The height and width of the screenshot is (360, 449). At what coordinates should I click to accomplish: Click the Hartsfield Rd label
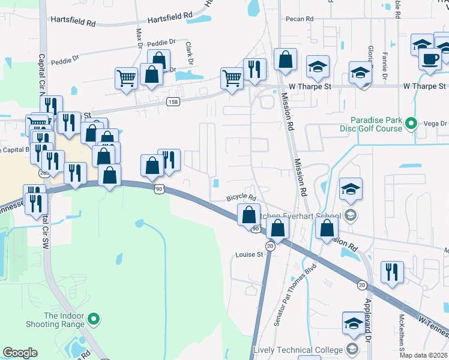pyautogui.click(x=73, y=22)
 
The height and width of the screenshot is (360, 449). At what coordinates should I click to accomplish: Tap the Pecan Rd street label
pyautogui.click(x=301, y=19)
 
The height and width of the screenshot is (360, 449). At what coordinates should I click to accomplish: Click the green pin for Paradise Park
pyautogui.click(x=411, y=124)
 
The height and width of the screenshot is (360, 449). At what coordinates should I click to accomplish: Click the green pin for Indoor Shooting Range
pyautogui.click(x=93, y=319)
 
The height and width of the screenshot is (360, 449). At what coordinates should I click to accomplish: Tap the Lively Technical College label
pyautogui.click(x=298, y=350)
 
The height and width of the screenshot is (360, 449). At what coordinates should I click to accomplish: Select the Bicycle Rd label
pyautogui.click(x=241, y=197)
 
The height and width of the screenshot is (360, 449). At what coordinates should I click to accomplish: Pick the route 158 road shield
pyautogui.click(x=173, y=102)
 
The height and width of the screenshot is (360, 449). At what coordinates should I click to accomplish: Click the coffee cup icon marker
pyautogui.click(x=430, y=59)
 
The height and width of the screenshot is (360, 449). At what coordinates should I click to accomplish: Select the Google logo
pyautogui.click(x=20, y=353)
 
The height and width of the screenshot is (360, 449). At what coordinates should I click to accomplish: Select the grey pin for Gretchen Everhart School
pyautogui.click(x=351, y=215)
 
